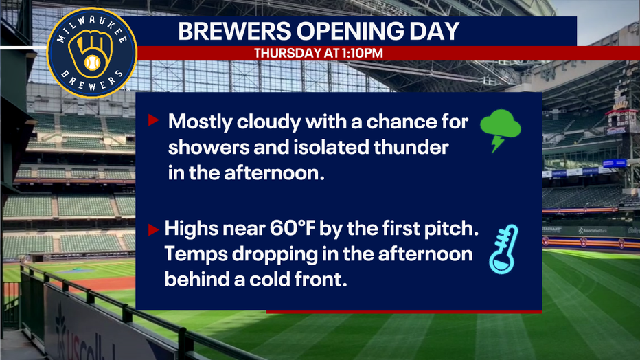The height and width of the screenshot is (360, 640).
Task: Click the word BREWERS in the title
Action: [x=235, y=31]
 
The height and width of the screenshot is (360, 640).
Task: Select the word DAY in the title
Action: [x=435, y=31]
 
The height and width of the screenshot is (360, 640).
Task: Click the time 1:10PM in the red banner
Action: [x=365, y=53]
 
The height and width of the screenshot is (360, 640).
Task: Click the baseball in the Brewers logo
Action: [x=92, y=63]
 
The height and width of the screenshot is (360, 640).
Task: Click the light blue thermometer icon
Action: [x=503, y=249]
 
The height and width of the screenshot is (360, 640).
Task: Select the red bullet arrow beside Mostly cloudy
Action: [x=153, y=120]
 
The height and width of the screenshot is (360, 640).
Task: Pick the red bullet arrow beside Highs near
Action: [x=153, y=229]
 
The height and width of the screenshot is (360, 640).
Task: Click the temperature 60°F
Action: [x=293, y=228]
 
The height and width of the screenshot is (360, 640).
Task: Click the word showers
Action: [x=209, y=147]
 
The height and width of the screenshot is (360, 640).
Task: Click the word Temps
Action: [x=196, y=255]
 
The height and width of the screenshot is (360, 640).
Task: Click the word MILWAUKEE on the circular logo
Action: [x=91, y=30]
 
